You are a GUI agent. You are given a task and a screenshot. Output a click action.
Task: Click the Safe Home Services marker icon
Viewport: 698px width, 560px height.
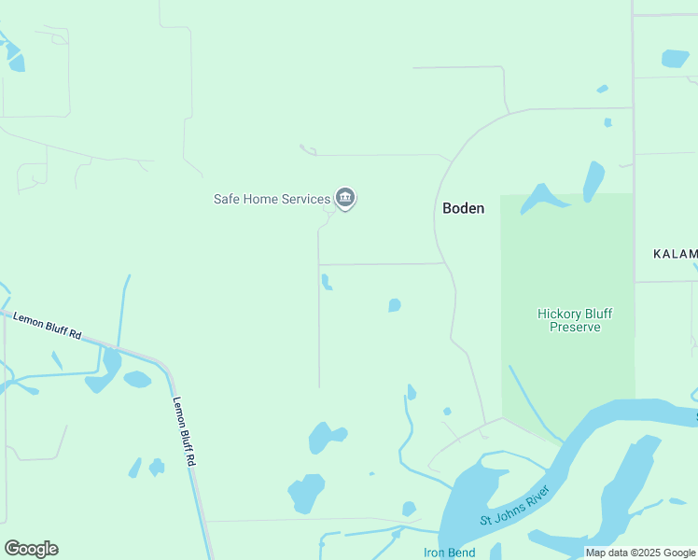coord(345,198)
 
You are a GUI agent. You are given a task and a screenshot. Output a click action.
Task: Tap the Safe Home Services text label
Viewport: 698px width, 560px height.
coord(272,199)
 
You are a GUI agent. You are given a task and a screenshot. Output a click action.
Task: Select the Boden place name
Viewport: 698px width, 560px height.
coord(464,208)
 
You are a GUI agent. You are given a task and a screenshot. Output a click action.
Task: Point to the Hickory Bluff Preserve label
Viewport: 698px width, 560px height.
coord(575,320)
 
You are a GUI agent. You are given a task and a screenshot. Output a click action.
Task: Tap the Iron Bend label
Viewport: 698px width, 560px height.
coord(449,553)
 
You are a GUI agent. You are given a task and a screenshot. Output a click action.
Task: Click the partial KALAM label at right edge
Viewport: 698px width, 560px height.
coord(676,254)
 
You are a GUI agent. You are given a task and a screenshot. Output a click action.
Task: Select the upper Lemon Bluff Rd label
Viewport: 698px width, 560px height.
coord(48,326)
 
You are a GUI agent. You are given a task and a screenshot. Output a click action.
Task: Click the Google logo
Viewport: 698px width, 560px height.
coord(31,549)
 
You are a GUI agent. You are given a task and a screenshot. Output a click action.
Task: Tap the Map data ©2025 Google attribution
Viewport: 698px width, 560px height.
coord(641,553)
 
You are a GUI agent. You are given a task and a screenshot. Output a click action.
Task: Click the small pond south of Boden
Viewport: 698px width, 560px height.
coord(395,305)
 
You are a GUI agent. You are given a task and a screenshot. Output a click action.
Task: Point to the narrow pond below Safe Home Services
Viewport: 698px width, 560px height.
coord(326,282)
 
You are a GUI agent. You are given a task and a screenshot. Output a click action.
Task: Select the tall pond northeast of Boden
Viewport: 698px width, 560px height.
coord(593,180)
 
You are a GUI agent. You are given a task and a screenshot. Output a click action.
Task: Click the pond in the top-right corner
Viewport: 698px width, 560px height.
coord(675,58)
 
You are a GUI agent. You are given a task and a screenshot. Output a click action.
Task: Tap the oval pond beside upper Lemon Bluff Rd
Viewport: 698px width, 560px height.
coord(137,379)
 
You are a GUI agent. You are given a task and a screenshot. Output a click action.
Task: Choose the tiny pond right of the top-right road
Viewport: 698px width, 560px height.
coord(608,122)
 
